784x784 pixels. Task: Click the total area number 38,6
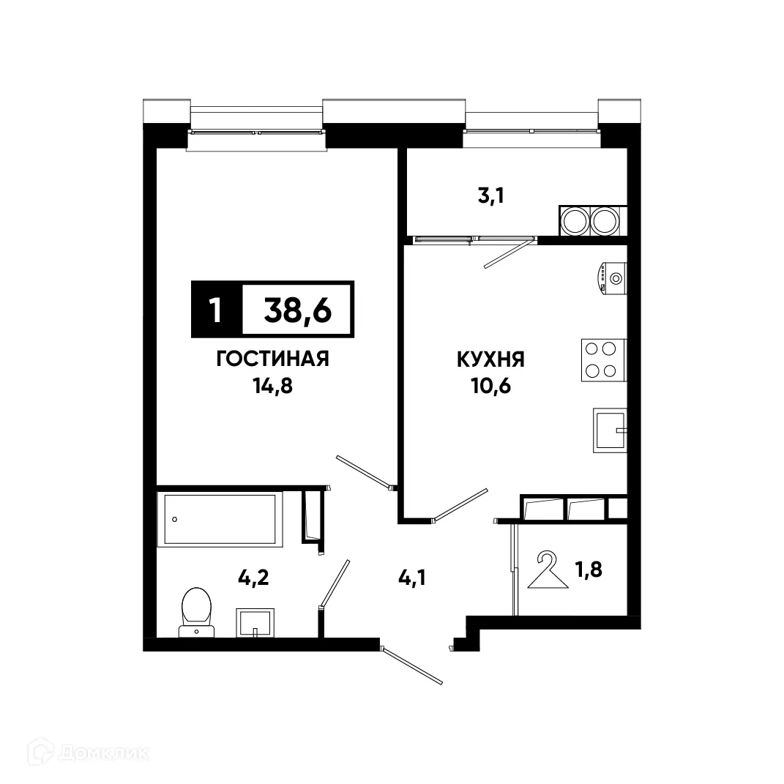(x=297, y=311)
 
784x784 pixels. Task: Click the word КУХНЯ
(x=491, y=359)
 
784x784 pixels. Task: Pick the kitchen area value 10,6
(x=491, y=385)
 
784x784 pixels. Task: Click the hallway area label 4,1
(x=412, y=578)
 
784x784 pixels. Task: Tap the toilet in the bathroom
(x=195, y=611)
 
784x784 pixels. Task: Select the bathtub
(x=220, y=518)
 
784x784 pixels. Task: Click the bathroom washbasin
(x=254, y=623)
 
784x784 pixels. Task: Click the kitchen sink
(x=610, y=430)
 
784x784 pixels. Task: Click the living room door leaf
(x=363, y=471)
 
